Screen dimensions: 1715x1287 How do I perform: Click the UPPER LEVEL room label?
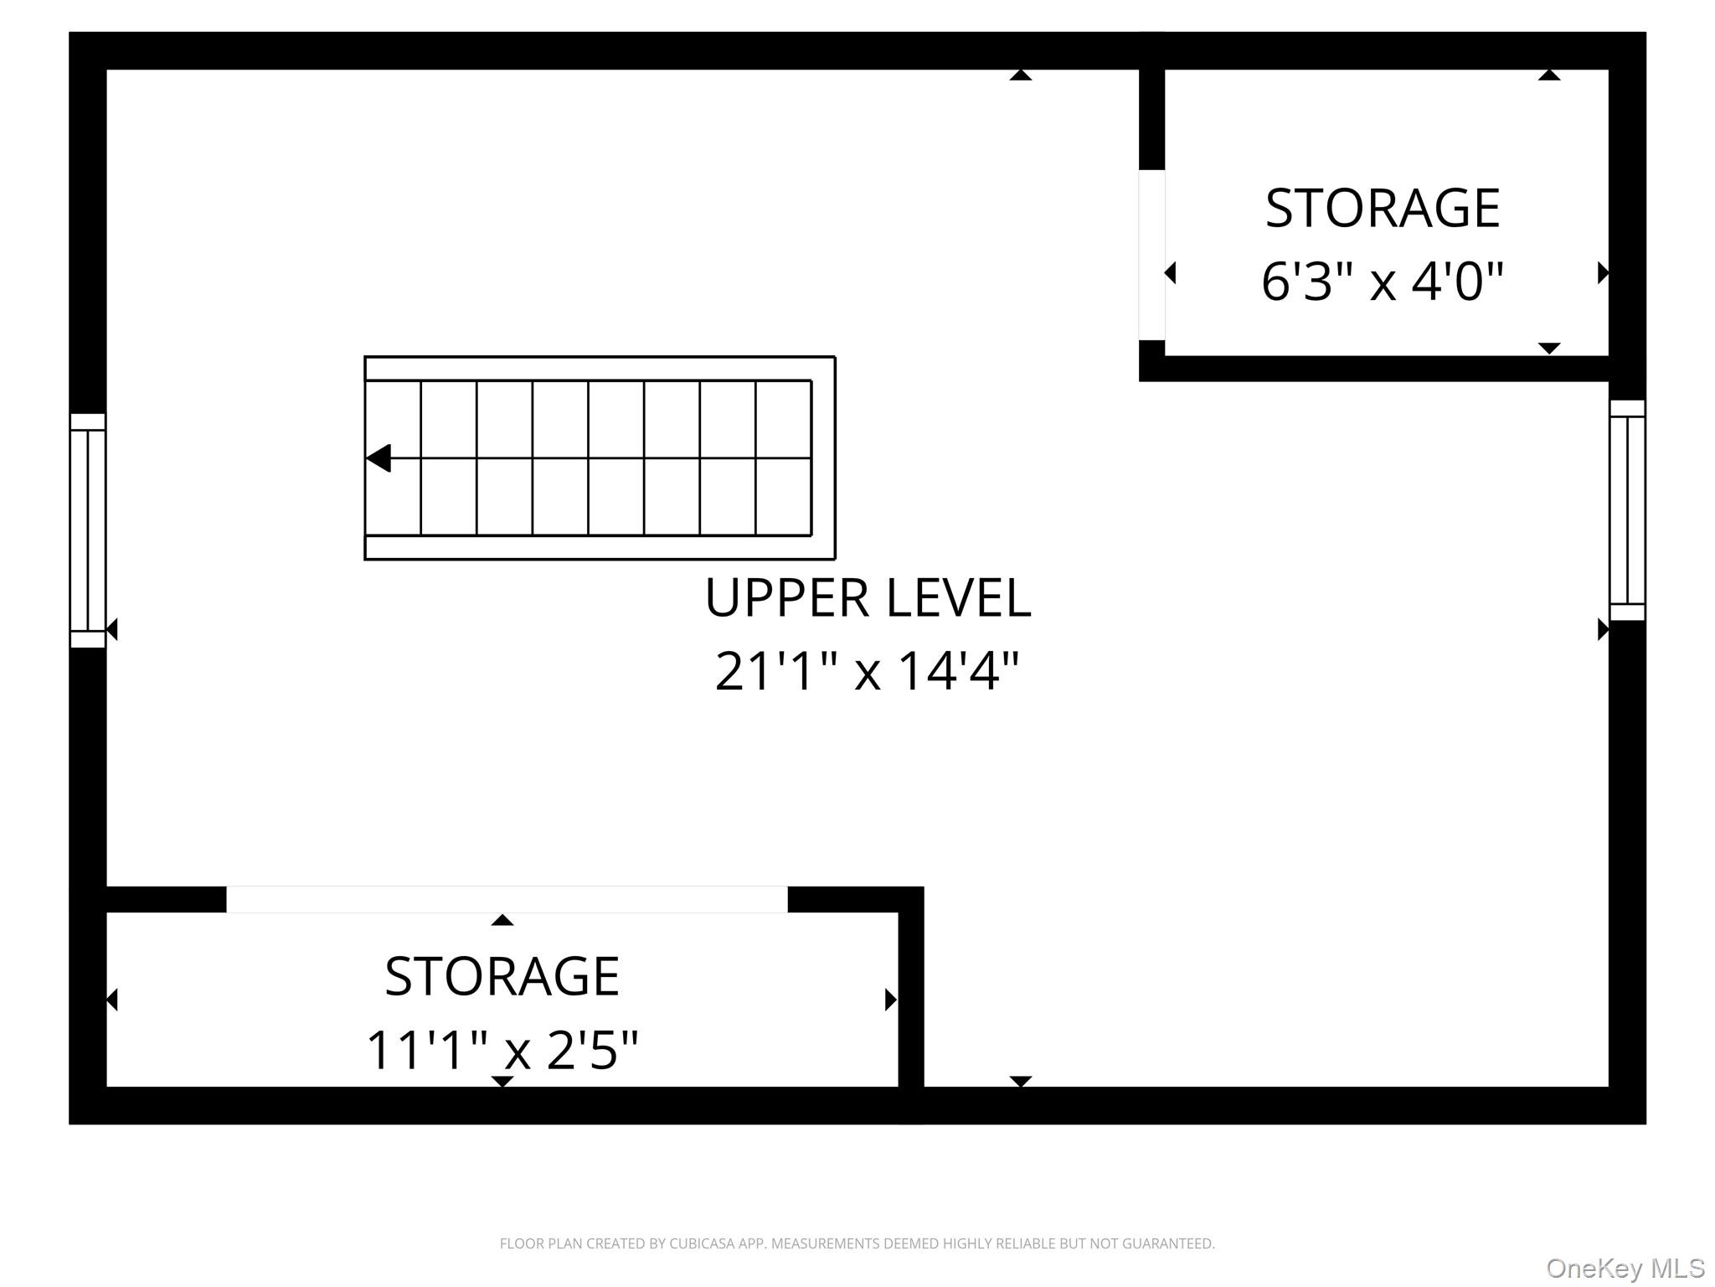pyautogui.click(x=868, y=597)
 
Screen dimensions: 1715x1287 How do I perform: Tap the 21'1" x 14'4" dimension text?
pyautogui.click(x=868, y=671)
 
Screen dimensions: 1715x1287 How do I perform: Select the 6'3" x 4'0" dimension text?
pyautogui.click(x=1383, y=281)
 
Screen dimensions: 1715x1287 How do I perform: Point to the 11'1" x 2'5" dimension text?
pyautogui.click(x=502, y=1050)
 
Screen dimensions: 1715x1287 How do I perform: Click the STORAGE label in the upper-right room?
pyautogui.click(x=1383, y=208)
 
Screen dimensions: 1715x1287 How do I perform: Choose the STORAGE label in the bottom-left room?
pyautogui.click(x=502, y=976)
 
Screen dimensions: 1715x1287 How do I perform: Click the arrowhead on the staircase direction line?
pyautogui.click(x=379, y=458)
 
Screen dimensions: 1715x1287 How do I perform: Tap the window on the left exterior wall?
pyautogui.click(x=87, y=530)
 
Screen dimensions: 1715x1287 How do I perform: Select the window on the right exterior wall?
pyautogui.click(x=1627, y=510)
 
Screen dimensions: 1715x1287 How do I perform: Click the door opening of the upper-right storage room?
pyautogui.click(x=1151, y=255)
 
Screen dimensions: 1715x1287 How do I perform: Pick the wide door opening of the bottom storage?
pyautogui.click(x=507, y=899)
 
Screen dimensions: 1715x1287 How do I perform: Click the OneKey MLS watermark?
pyautogui.click(x=1625, y=1269)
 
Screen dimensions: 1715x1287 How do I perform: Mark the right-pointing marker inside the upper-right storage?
pyautogui.click(x=1603, y=273)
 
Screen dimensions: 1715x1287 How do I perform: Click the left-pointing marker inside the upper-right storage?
pyautogui.click(x=1171, y=273)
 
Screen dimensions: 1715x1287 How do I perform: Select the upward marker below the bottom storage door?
pyautogui.click(x=502, y=920)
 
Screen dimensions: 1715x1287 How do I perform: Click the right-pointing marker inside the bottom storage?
pyautogui.click(x=891, y=1000)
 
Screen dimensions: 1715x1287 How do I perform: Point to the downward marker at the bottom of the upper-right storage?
pyautogui.click(x=1549, y=348)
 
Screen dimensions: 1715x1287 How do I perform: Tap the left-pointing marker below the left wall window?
pyautogui.click(x=112, y=629)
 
